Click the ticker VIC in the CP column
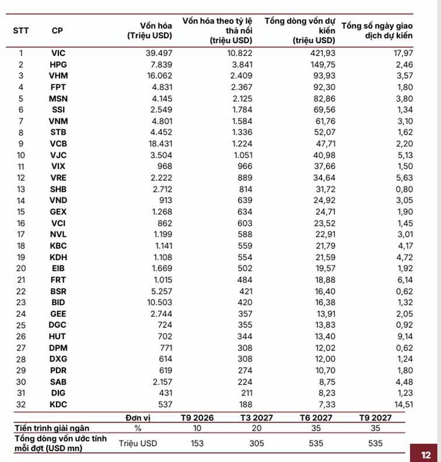click(x=58, y=53)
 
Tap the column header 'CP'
click(x=58, y=30)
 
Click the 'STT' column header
click(x=21, y=30)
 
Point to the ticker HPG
click(x=58, y=64)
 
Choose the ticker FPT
click(x=58, y=87)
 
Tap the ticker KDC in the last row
click(x=58, y=404)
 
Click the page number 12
click(x=426, y=453)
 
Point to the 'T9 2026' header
click(x=197, y=418)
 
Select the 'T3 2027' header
click(x=257, y=418)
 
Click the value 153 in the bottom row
click(x=197, y=443)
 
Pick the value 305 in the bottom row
click(x=257, y=443)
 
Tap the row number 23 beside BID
click(x=21, y=302)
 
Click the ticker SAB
click(x=58, y=381)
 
